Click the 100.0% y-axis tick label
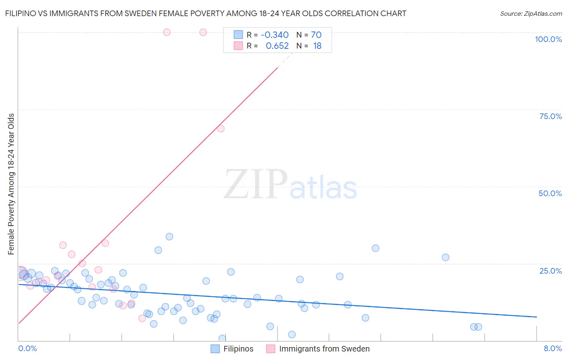click(548, 39)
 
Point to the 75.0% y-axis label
click(550, 116)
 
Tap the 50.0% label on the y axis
click(550, 193)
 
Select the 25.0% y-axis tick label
click(550, 270)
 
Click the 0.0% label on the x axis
click(27, 348)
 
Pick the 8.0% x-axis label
click(552, 348)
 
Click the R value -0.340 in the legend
click(275, 35)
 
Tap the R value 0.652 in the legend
click(277, 46)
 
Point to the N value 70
click(316, 35)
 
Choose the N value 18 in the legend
click(317, 46)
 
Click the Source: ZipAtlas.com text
click(531, 14)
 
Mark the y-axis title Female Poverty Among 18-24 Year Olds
click(11, 184)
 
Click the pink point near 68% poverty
click(221, 129)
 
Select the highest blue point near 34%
click(169, 237)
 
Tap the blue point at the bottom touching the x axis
click(222, 338)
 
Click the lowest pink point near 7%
click(142, 318)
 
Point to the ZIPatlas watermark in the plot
click(290, 184)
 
